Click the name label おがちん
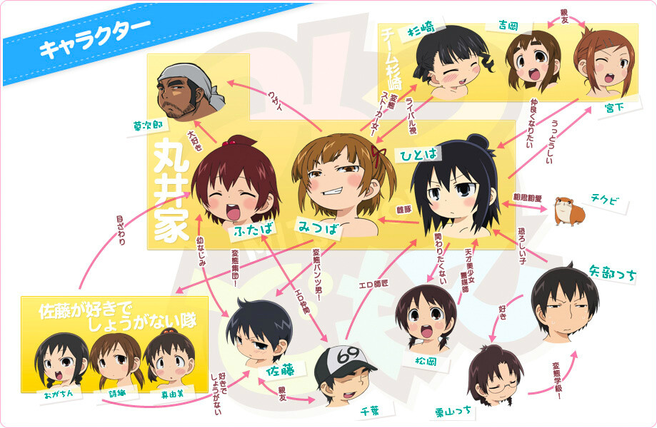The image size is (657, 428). coord(54,394)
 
